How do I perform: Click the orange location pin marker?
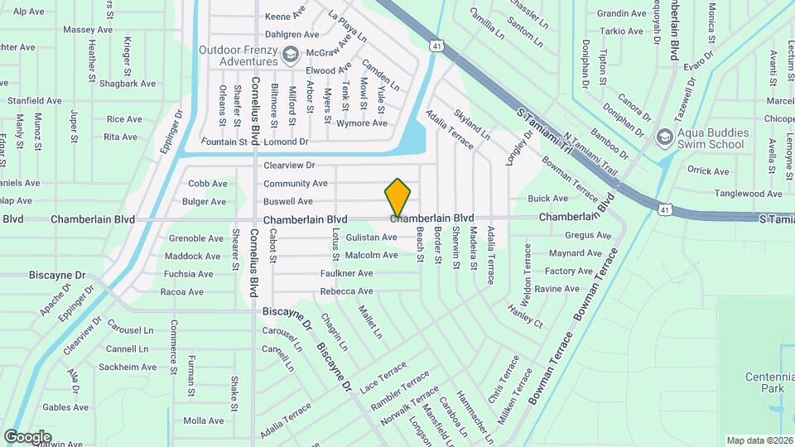click(x=398, y=196)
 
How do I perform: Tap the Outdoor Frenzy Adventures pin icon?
click(x=290, y=55)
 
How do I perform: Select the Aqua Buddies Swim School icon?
click(x=663, y=137)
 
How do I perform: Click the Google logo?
click(x=27, y=436)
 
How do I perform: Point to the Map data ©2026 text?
click(x=759, y=440)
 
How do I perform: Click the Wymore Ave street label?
click(x=361, y=123)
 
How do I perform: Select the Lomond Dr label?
click(x=286, y=142)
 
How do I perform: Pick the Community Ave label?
click(x=296, y=184)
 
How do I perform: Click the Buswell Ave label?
click(x=288, y=202)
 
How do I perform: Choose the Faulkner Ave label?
click(x=347, y=273)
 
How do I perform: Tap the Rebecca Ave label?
click(x=346, y=291)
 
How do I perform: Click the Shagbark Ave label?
click(x=128, y=84)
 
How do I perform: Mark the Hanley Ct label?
click(x=525, y=315)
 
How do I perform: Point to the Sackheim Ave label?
click(x=128, y=367)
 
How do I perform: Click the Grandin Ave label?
click(x=620, y=13)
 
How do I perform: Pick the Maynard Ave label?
click(x=575, y=253)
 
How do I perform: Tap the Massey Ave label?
click(x=88, y=30)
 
